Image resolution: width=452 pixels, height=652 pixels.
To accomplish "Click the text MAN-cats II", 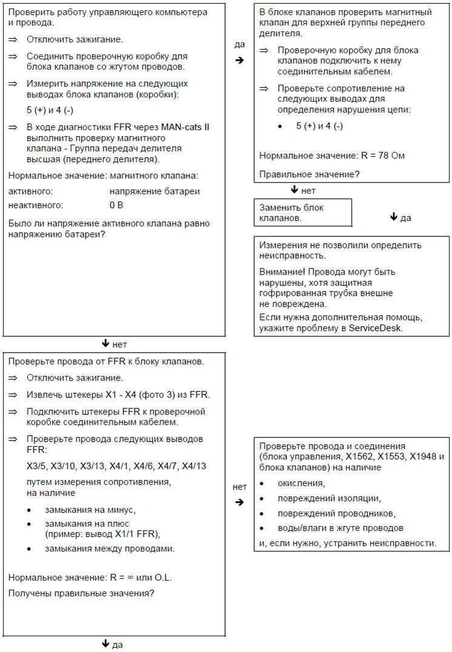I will [185, 126].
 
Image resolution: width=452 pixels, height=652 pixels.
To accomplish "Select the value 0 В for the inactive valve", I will [116, 205].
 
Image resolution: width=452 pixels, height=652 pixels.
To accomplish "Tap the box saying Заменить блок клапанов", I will [303, 212].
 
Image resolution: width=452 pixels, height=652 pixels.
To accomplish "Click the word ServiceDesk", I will [375, 328].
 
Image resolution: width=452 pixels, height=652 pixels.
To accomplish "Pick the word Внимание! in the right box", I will [282, 272].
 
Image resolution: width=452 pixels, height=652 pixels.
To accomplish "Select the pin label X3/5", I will [38, 466].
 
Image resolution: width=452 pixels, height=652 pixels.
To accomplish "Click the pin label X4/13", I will [193, 466].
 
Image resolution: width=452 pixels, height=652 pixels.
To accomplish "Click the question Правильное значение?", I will [309, 175].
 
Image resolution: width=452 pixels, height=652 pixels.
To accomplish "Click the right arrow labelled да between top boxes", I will [240, 60].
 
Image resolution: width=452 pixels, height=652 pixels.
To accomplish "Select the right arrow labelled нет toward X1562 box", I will [240, 502].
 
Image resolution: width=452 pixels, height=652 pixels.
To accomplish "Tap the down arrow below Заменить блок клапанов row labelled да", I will [395, 217].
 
